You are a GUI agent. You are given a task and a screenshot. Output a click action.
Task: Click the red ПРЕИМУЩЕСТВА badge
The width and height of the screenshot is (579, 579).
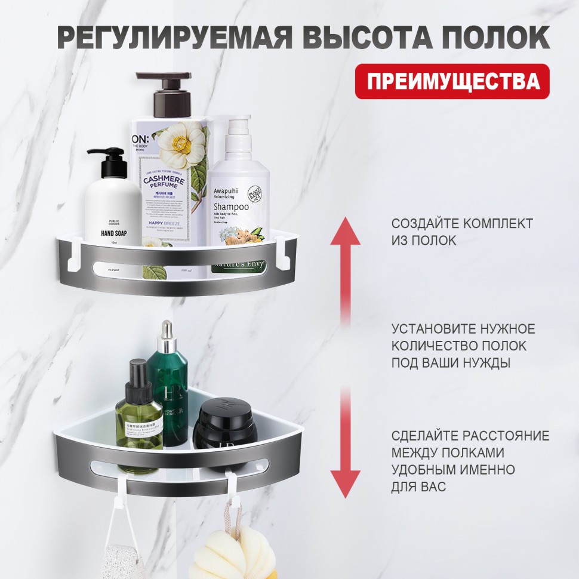452,81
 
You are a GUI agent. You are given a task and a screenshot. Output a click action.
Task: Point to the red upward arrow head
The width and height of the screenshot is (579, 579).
346,231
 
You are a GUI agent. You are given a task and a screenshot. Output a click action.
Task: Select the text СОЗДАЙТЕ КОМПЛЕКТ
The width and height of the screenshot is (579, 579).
462,224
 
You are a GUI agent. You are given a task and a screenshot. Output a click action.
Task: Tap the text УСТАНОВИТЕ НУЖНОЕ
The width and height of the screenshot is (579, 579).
463,329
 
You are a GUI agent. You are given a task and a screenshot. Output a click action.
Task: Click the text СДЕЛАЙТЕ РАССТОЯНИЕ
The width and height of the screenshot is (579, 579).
470,435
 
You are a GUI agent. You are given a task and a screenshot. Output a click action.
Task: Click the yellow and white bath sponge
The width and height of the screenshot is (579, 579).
230,552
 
